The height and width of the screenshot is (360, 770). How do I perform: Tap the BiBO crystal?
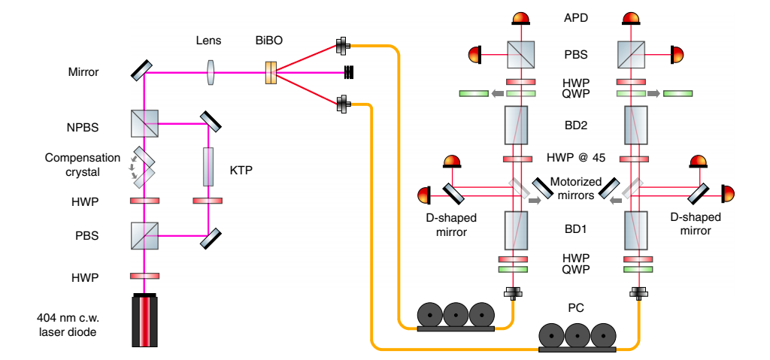[271, 73]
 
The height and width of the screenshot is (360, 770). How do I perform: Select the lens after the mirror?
[211, 72]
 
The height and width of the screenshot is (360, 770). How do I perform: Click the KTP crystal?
[208, 166]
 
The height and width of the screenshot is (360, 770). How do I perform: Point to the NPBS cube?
[144, 123]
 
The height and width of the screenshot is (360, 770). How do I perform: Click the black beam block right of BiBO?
[348, 72]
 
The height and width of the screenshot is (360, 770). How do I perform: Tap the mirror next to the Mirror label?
[141, 71]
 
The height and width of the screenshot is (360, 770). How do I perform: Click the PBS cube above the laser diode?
[144, 235]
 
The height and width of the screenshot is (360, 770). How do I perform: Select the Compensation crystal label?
[83, 164]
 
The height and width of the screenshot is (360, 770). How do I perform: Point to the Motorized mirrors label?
[575, 188]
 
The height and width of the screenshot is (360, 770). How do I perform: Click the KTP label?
[241, 171]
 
